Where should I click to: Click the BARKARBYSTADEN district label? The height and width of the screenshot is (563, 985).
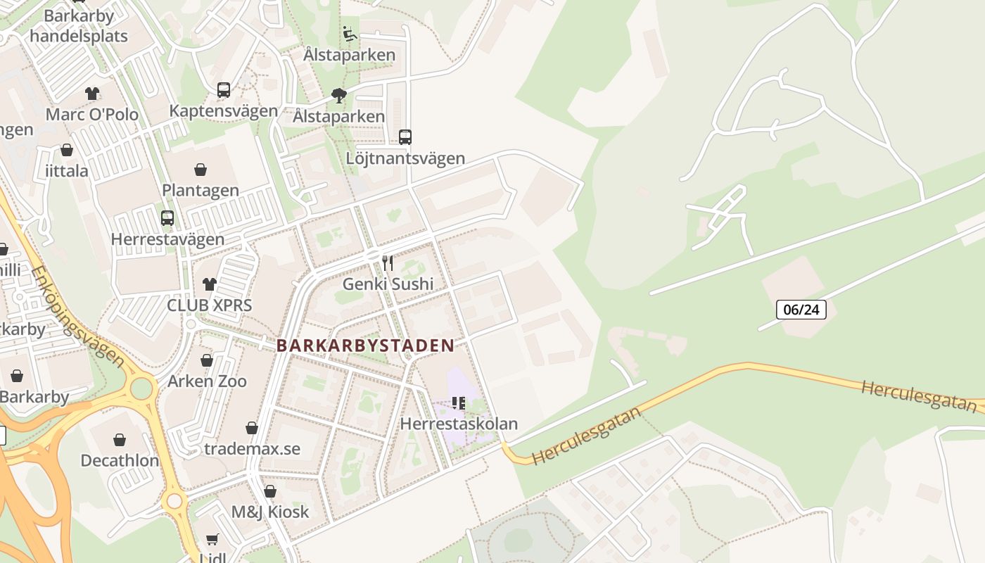[365, 346]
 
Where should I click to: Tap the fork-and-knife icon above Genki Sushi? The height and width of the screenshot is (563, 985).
[388, 263]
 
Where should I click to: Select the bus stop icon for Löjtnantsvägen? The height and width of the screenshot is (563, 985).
[405, 137]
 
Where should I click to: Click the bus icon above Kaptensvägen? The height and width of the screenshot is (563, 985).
[224, 90]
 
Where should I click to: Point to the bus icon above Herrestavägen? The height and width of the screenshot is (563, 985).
[167, 218]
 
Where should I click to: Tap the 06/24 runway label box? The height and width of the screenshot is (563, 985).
[801, 310]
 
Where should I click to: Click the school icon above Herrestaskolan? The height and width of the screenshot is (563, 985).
[459, 403]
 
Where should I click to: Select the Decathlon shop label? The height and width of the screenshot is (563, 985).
[120, 461]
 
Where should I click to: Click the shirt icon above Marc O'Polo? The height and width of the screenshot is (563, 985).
[92, 93]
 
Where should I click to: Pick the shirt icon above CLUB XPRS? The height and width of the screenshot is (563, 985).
[210, 284]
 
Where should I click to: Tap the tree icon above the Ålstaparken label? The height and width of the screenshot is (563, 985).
[339, 96]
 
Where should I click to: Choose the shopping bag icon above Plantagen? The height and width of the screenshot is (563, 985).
[201, 170]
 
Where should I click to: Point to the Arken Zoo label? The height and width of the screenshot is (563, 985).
[207, 381]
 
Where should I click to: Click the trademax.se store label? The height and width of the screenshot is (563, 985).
[252, 449]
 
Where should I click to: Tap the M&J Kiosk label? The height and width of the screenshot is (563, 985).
[270, 512]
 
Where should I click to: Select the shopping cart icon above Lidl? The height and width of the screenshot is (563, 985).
[212, 540]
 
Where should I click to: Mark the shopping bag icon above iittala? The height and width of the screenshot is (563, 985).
[67, 150]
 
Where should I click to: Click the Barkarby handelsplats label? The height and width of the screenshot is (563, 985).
[79, 26]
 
